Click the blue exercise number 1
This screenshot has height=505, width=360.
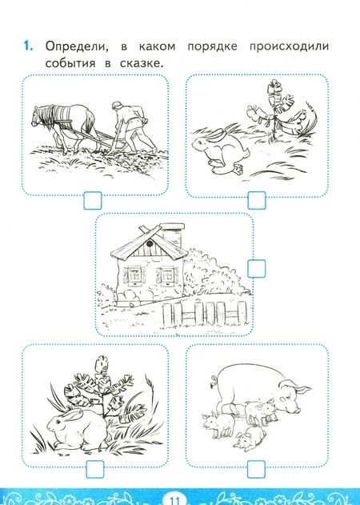[x=28, y=46]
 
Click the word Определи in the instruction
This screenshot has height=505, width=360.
[x=77, y=46]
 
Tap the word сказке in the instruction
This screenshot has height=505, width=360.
[x=142, y=63]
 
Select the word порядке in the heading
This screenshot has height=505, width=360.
[x=212, y=47]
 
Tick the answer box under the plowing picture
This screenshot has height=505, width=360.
[x=93, y=201]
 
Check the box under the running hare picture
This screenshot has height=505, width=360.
[x=257, y=200]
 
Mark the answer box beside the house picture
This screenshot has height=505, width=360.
[x=257, y=269]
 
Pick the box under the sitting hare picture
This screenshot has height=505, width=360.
[x=95, y=469]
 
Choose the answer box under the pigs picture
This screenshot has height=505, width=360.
[x=257, y=469]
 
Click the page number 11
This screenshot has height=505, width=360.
[x=175, y=500]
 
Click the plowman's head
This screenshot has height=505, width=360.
[x=117, y=106]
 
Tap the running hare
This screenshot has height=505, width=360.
[x=220, y=150]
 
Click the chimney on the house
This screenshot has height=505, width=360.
[x=172, y=234]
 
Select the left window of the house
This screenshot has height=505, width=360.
[x=134, y=275]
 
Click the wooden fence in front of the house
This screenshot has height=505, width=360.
[x=205, y=314]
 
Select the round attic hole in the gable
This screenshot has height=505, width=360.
[x=149, y=244]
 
